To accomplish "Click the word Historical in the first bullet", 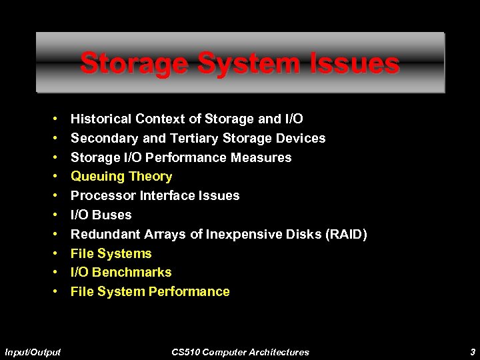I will pyautogui.click(x=101, y=119).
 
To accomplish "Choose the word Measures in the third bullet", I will pyautogui.click(x=261, y=158).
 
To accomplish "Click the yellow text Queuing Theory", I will pyautogui.click(x=121, y=177).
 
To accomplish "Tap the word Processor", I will pyautogui.click(x=101, y=196).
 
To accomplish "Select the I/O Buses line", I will pyautogui.click(x=101, y=215).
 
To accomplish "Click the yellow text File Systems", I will pyautogui.click(x=111, y=253).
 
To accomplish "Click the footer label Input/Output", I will pyautogui.click(x=33, y=351).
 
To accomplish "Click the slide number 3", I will pyautogui.click(x=472, y=351).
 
